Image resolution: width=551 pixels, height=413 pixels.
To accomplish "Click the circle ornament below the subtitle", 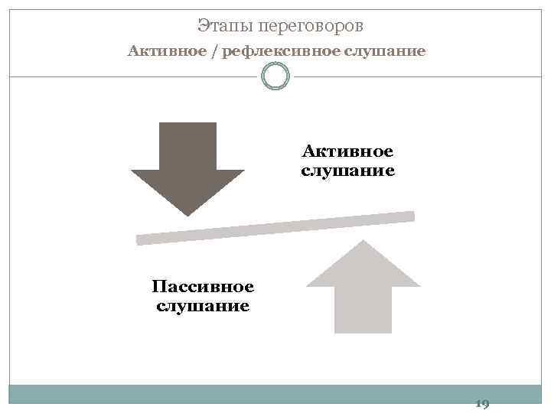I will tap(275, 76).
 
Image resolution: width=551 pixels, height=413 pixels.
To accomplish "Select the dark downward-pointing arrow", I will tap(187, 164).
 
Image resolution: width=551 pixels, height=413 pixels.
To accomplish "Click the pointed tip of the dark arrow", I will tap(187, 213).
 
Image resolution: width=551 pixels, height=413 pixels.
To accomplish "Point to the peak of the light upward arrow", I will tap(364, 242).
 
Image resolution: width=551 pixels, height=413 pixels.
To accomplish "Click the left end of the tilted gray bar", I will tap(140, 240).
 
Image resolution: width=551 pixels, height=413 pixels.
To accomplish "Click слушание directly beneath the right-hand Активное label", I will tap(347, 171).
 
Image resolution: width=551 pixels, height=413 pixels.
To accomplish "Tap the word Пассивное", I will tap(203, 287).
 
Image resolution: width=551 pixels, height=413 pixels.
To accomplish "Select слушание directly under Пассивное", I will tap(203, 307).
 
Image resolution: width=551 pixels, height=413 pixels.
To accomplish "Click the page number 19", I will tap(482, 404).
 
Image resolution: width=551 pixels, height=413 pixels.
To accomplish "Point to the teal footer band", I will tap(245, 394).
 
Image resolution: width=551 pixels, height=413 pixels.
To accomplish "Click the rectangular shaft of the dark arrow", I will tap(187, 145).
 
